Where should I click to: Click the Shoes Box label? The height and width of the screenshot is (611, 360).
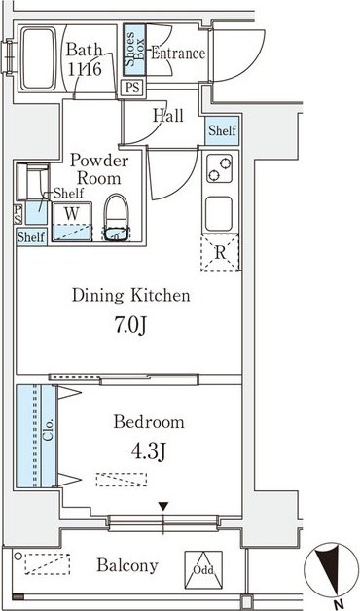point(134,50)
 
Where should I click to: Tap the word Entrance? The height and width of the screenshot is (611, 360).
point(178,54)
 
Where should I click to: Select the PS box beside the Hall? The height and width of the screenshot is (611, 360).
point(133,88)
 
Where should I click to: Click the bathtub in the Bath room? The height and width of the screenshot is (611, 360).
point(38,58)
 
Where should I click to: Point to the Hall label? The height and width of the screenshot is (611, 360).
point(168,116)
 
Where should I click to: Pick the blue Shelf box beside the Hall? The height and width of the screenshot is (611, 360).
point(222,131)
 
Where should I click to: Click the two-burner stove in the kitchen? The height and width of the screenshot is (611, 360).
point(219,168)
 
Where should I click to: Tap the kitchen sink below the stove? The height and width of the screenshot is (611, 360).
point(219,213)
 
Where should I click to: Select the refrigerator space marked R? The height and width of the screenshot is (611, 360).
point(220,253)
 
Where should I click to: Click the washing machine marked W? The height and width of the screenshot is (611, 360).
point(72,221)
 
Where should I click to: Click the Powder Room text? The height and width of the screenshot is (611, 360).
point(99,170)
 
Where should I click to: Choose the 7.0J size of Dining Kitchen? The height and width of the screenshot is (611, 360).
point(131,326)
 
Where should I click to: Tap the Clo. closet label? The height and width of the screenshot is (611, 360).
point(48,430)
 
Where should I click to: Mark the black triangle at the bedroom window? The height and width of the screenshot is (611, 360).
point(163,507)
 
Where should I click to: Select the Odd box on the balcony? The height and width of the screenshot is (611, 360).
point(203,570)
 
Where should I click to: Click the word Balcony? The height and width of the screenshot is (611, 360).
point(127,565)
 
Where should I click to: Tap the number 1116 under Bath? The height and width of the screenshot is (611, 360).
point(85,69)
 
